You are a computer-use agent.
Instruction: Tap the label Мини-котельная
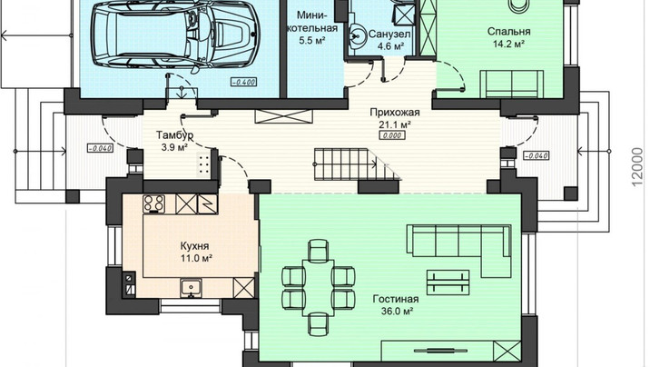pyautogui.click(x=318, y=22)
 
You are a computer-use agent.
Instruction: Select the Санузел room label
pyautogui.click(x=389, y=34)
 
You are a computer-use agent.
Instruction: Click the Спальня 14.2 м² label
pyautogui.click(x=508, y=37)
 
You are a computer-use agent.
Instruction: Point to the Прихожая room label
pyautogui.click(x=394, y=113)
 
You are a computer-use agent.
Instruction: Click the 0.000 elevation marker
pyautogui.click(x=392, y=135)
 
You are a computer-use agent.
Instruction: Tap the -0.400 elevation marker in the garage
pyautogui.click(x=243, y=82)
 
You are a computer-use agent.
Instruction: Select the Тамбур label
pyautogui.click(x=174, y=135)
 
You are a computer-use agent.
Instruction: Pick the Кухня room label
pyautogui.click(x=194, y=246)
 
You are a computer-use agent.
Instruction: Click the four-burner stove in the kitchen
pyautogui.click(x=154, y=204)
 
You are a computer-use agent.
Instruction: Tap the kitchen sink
pyautogui.click(x=192, y=288)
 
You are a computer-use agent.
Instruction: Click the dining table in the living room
pyautogui.click(x=319, y=287)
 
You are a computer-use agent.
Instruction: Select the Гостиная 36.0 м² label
pyautogui.click(x=396, y=305)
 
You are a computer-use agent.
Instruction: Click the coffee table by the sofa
pyautogui.click(x=448, y=283)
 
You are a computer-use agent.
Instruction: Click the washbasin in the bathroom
pyautogui.click(x=357, y=35)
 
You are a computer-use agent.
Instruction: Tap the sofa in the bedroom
pyautogui.click(x=512, y=84)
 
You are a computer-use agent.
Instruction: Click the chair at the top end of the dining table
pyautogui.click(x=319, y=249)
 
